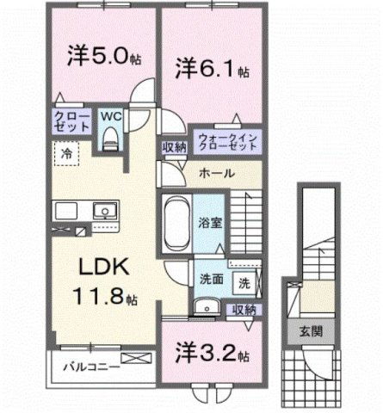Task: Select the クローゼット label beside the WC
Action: pyautogui.click(x=73, y=120)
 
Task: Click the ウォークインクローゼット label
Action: pyautogui.click(x=226, y=140)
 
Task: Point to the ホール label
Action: pyautogui.click(x=216, y=173)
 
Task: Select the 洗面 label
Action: pyautogui.click(x=212, y=279)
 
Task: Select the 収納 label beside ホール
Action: pyautogui.click(x=174, y=147)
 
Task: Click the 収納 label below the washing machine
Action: pyautogui.click(x=244, y=308)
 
